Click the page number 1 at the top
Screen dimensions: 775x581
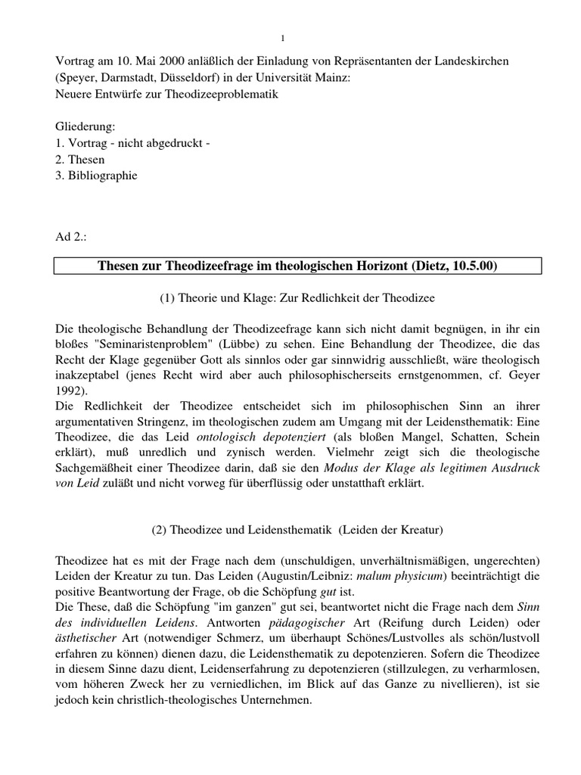pos(281,39)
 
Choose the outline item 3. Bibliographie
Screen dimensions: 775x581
pos(97,176)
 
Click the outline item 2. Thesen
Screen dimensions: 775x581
pos(80,160)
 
